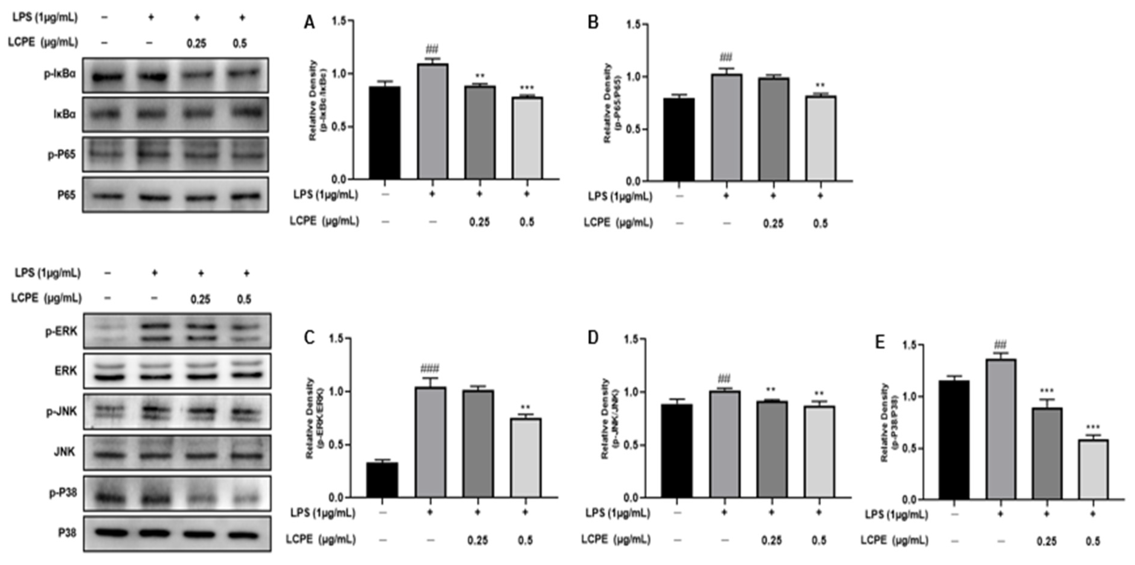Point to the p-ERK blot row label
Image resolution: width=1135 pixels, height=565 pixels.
(x=61, y=332)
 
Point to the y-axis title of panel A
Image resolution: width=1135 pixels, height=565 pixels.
(x=317, y=100)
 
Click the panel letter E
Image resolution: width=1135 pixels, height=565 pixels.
(x=879, y=342)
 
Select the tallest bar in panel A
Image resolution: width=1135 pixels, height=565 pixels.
(x=433, y=121)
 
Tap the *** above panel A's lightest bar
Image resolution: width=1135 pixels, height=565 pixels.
(x=527, y=88)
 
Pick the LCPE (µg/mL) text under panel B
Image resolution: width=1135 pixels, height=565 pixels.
(x=618, y=223)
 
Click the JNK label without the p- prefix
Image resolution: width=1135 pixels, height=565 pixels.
(x=64, y=452)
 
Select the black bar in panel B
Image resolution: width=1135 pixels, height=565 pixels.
(x=679, y=139)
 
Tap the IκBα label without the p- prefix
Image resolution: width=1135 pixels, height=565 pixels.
(x=65, y=114)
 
